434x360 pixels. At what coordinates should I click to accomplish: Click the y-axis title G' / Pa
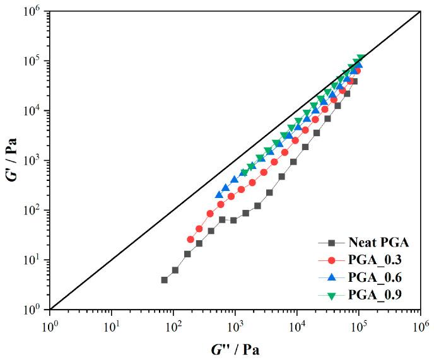[x=10, y=159]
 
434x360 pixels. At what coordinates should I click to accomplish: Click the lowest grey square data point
[x=165, y=280]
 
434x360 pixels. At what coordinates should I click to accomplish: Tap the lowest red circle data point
[x=191, y=240]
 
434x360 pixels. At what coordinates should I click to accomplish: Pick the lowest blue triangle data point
[x=219, y=195]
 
